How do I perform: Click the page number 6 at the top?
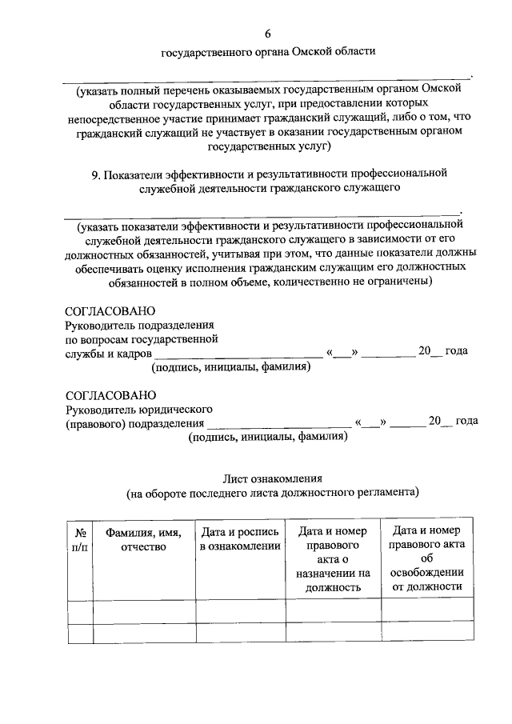click(268, 33)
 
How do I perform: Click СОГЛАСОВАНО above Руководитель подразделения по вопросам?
click(110, 311)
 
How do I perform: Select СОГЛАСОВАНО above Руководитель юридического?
click(110, 395)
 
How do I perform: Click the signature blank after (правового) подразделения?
click(278, 422)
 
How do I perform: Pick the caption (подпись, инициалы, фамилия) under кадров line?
click(231, 367)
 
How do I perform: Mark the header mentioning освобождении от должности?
click(425, 558)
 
